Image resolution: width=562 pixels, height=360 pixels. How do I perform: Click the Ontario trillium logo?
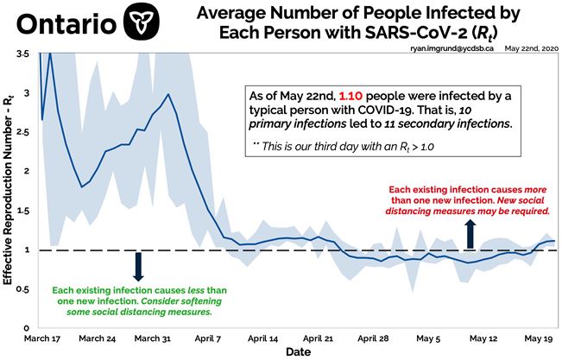[x=142, y=22]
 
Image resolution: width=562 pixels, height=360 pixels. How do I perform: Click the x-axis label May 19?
[x=536, y=339]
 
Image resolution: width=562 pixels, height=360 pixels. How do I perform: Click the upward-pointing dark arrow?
[x=470, y=233]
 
